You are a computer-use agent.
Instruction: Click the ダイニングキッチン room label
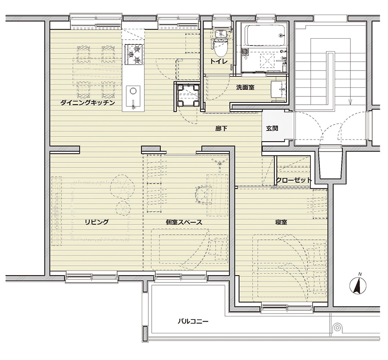pos(88,102)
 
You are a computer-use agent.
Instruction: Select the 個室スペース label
pos(184,222)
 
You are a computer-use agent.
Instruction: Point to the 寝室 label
pos(281,222)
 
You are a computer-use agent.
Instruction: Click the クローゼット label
pos(294,180)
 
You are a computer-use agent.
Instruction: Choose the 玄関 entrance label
pos(272,129)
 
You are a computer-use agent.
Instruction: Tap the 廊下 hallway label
pos(221,129)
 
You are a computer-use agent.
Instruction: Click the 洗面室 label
pos(245,87)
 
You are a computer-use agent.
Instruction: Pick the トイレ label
pos(219,62)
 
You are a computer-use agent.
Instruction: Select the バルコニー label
pos(193,321)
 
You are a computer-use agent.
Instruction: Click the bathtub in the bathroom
pos(266,35)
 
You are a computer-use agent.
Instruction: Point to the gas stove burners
pos(134,54)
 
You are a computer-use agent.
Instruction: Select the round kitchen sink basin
pos(133,91)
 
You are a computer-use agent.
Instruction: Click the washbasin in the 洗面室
pos(279,89)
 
